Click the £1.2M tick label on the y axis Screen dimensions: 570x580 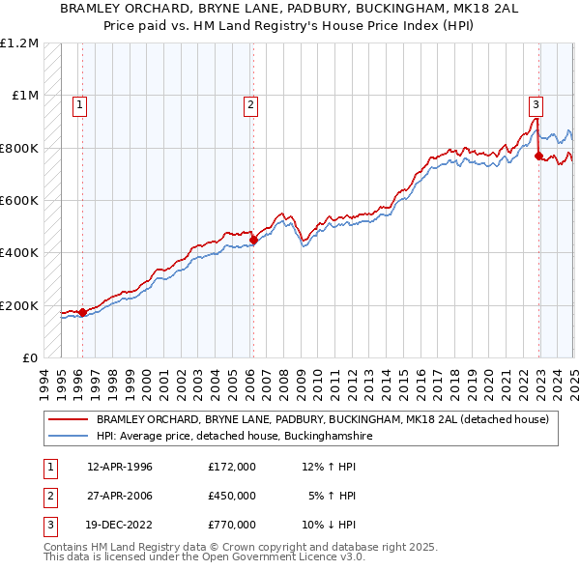(19, 43)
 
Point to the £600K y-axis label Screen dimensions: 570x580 (19, 201)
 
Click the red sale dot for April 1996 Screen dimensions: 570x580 (82, 312)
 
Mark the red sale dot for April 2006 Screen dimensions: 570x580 (253, 240)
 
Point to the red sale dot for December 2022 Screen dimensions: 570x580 (538, 156)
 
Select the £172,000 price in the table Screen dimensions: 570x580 (232, 467)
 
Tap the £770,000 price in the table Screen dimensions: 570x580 (232, 525)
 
